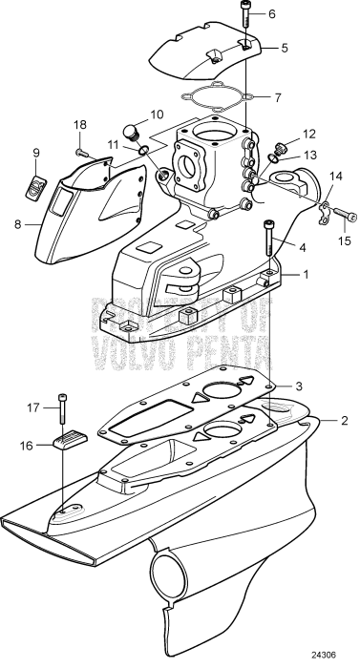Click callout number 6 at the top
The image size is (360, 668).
tap(271, 13)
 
